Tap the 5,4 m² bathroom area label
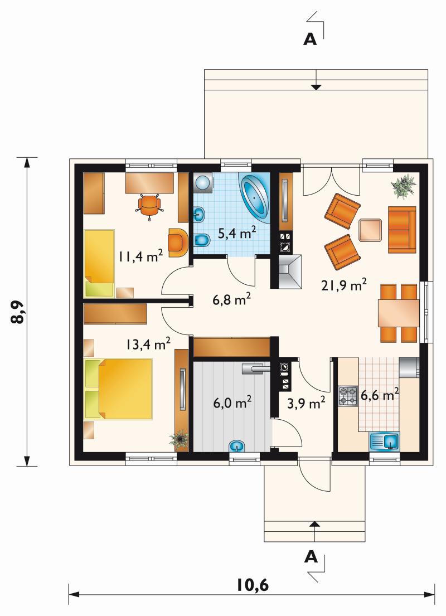point(237,233)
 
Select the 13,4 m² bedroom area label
point(148,344)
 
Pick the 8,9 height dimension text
point(18,312)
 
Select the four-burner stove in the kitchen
point(348,396)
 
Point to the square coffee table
point(370,230)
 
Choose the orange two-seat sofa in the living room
point(402,230)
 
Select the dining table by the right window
point(399,313)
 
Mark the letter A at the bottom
point(311,557)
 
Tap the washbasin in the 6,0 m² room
point(236,447)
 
